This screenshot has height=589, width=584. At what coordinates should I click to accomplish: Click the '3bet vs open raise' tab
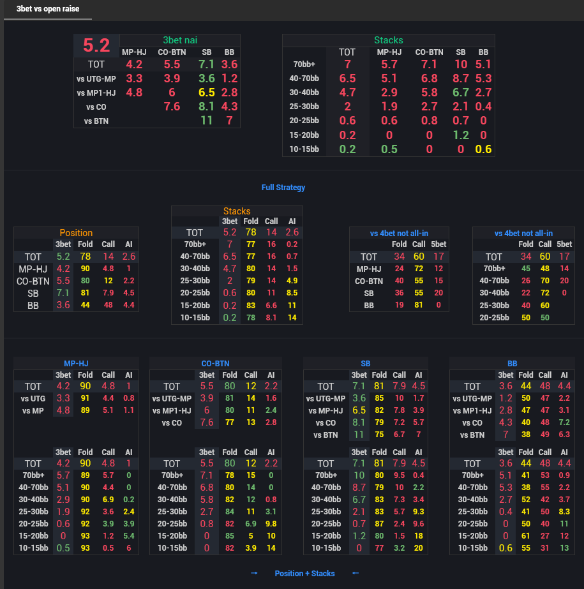[x=48, y=9]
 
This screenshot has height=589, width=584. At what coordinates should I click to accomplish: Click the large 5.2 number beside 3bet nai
[x=96, y=45]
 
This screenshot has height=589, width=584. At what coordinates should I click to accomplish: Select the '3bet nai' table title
[x=180, y=40]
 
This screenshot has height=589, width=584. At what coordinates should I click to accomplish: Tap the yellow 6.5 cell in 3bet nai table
[x=206, y=93]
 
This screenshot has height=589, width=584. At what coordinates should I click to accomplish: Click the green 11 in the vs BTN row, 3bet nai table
[x=206, y=121]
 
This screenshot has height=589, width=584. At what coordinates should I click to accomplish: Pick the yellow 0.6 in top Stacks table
[x=483, y=149]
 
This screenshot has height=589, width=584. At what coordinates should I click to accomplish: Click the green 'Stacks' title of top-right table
[x=388, y=40]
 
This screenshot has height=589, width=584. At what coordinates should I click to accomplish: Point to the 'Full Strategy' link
[x=283, y=188]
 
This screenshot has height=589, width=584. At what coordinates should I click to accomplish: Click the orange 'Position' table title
[x=76, y=233]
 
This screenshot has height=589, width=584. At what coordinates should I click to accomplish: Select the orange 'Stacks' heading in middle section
[x=237, y=211]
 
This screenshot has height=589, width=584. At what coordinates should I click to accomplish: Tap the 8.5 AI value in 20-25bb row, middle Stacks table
[x=292, y=293]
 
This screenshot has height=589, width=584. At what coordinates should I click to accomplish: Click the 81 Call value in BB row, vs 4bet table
[x=418, y=305]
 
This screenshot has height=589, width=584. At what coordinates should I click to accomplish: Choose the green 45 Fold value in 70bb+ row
[x=526, y=269]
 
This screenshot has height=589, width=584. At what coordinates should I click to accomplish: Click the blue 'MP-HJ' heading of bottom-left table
[x=76, y=364]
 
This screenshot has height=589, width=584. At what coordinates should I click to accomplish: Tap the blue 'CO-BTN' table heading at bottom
[x=215, y=364]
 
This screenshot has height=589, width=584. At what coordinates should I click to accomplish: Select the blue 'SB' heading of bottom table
[x=366, y=364]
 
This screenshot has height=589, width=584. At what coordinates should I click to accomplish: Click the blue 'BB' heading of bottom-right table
[x=513, y=364]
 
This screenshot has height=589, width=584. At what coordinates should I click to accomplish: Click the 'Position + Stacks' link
[x=305, y=574]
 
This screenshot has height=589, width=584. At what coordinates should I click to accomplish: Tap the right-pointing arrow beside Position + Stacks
[x=255, y=573]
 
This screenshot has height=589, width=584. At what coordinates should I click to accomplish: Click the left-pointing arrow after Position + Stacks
[x=356, y=573]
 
